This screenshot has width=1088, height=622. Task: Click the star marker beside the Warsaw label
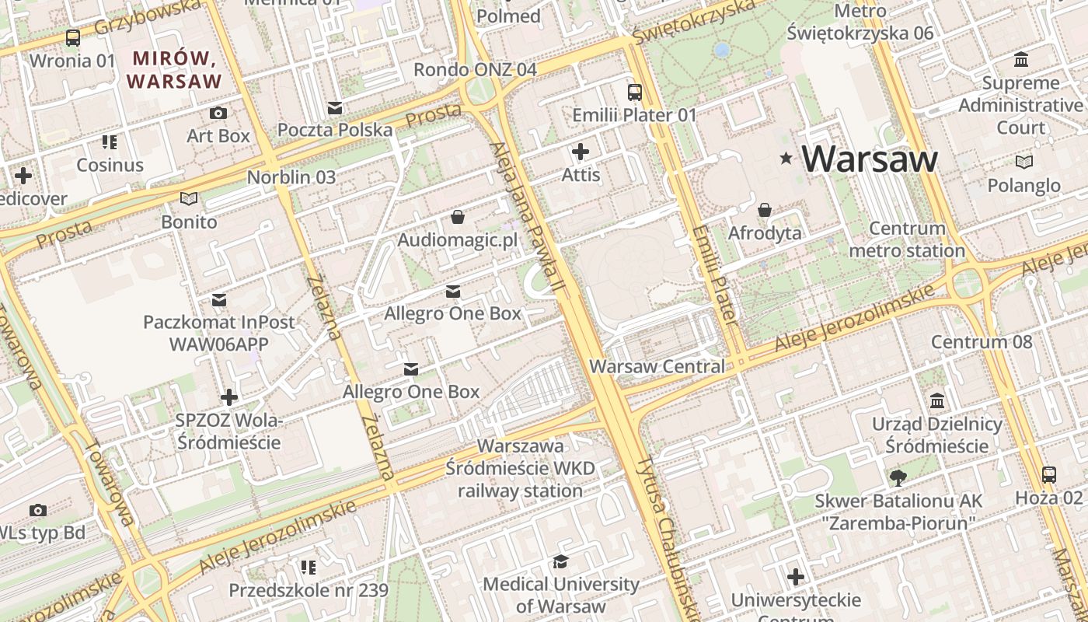point(786,159)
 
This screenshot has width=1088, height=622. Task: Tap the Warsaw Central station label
point(657,366)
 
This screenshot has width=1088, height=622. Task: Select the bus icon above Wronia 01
point(72,37)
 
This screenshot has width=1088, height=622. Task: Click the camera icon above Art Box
point(218,113)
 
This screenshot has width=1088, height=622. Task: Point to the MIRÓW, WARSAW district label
point(174,69)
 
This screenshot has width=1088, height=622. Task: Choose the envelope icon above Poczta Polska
point(335,107)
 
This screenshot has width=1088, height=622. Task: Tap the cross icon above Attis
point(581,152)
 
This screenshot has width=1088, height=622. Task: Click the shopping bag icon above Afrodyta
point(765,210)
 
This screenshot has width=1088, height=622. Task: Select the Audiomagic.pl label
point(457,239)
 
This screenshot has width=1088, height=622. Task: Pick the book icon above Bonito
point(189,198)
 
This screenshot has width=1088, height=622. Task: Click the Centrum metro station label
point(907,239)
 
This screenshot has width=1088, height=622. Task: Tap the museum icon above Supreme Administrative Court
point(1021,60)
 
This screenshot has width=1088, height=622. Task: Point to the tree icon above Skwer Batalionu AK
point(898,477)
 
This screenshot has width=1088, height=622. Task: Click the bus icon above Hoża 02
point(1048,474)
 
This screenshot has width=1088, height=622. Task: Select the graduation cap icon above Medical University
point(560,561)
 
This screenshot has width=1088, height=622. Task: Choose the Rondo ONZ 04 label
point(475,69)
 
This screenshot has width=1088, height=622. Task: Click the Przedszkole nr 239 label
point(309,590)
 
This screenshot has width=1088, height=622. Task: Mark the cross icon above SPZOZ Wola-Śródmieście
point(228,397)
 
